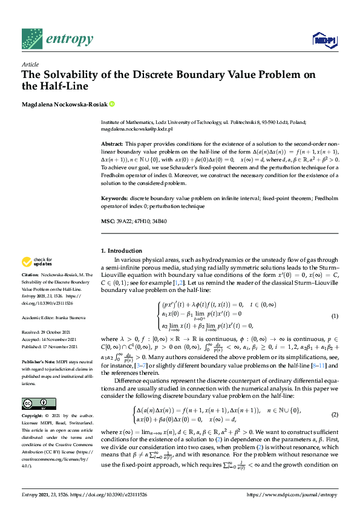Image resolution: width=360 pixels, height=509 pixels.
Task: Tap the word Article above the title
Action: pos(30,63)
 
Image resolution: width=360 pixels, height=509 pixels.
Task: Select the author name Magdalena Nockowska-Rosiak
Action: pos(65,105)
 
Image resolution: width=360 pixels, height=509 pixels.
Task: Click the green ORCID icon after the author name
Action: pos(112,105)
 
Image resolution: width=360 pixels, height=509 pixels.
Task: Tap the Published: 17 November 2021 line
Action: pos(48,345)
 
